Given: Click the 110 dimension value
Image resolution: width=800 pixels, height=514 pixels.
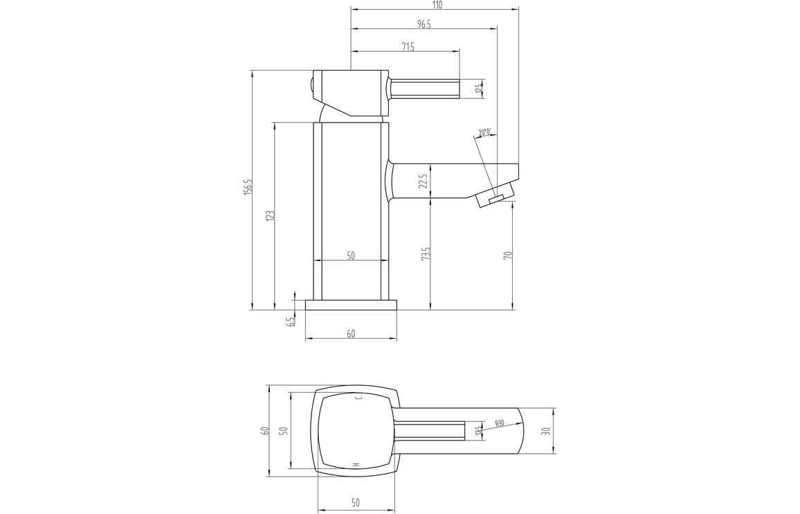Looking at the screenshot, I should pyautogui.click(x=437, y=5).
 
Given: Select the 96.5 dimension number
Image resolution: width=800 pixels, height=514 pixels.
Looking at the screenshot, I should pyautogui.click(x=424, y=24).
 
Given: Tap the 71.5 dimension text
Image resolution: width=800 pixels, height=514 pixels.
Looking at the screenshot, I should pyautogui.click(x=408, y=46).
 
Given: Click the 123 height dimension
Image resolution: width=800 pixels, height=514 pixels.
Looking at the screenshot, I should pyautogui.click(x=271, y=215).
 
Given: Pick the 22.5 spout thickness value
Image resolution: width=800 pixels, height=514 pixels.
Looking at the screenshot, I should pyautogui.click(x=423, y=181).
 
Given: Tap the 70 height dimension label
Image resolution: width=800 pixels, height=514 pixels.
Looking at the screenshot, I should pyautogui.click(x=508, y=256).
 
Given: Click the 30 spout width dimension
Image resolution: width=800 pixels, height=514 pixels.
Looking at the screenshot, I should pyautogui.click(x=546, y=430).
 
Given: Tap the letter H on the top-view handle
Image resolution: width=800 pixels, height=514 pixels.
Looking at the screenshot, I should pyautogui.click(x=356, y=464).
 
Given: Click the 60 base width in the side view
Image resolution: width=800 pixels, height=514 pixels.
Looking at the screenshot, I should pyautogui.click(x=351, y=334).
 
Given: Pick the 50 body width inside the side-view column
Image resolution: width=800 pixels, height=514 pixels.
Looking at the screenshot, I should pyautogui.click(x=351, y=256).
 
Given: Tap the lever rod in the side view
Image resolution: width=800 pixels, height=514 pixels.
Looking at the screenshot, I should pyautogui.click(x=424, y=89).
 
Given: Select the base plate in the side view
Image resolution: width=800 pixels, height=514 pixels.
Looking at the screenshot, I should pyautogui.click(x=351, y=305).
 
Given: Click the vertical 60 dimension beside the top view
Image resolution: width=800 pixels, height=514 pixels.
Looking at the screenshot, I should pyautogui.click(x=264, y=430).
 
